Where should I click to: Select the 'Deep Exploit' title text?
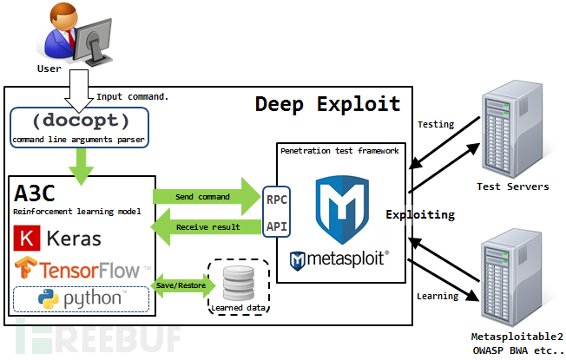pyautogui.click(x=327, y=104)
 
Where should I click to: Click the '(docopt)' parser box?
pyautogui.click(x=79, y=127)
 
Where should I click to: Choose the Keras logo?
pyautogui.click(x=56, y=238)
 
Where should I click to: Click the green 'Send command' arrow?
pyautogui.click(x=203, y=198)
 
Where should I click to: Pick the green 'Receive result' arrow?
pyautogui.click(x=205, y=227)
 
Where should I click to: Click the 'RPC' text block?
pyautogui.click(x=277, y=199)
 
